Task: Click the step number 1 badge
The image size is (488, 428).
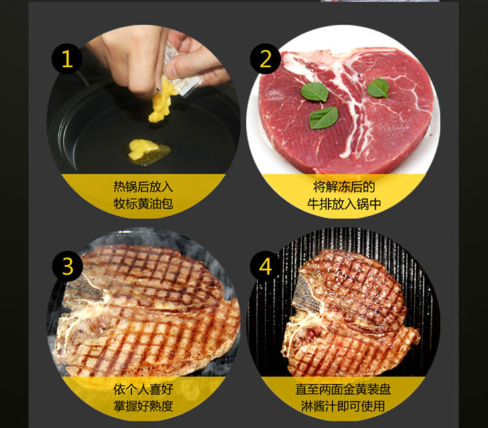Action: [68, 59]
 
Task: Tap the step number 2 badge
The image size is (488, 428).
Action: [265, 59]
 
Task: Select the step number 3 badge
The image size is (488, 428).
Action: [68, 266]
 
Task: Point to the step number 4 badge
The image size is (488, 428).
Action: [265, 266]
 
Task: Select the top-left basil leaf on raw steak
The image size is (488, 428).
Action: [314, 92]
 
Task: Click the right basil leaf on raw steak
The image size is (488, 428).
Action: [378, 87]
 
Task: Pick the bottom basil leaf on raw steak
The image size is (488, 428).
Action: [324, 118]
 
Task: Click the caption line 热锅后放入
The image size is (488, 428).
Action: [143, 187]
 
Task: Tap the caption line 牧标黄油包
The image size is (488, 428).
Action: [143, 204]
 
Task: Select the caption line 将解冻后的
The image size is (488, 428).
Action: [344, 187]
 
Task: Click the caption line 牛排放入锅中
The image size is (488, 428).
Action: [344, 204]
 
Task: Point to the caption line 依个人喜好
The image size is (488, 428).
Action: [143, 389]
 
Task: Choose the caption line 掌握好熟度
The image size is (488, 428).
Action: [143, 406]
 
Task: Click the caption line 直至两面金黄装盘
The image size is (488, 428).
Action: [343, 389]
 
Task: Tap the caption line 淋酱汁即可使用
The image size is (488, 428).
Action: [343, 406]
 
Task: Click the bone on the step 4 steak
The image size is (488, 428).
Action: [307, 298]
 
